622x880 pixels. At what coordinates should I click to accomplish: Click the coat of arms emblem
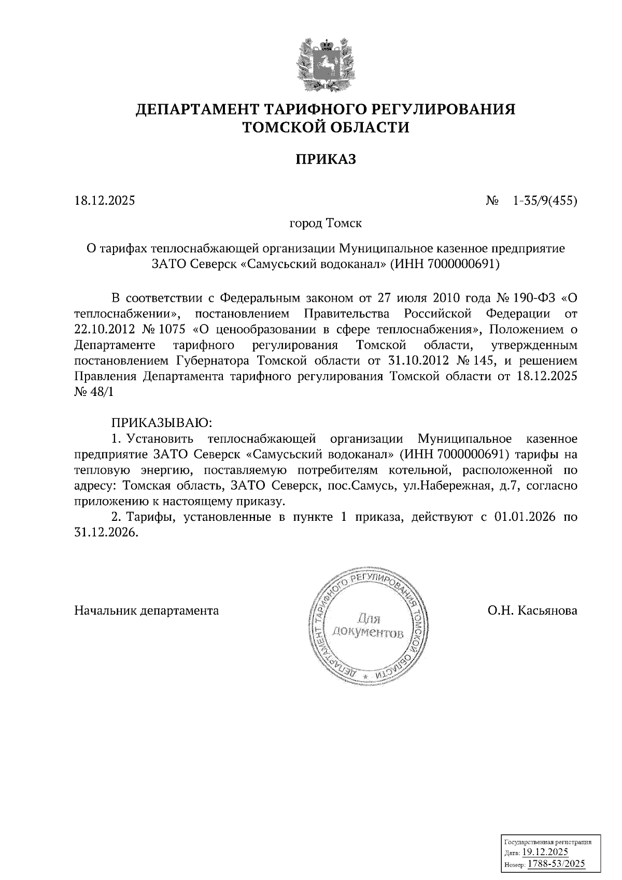click(x=326, y=64)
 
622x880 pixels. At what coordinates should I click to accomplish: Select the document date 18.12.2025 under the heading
click(x=105, y=200)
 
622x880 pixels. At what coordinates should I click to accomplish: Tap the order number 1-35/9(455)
click(x=544, y=200)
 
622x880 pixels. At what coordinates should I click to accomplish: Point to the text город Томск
click(x=325, y=224)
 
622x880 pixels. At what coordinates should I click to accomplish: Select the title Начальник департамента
click(x=147, y=611)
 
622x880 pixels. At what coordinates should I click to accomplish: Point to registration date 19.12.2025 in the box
click(x=545, y=852)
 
